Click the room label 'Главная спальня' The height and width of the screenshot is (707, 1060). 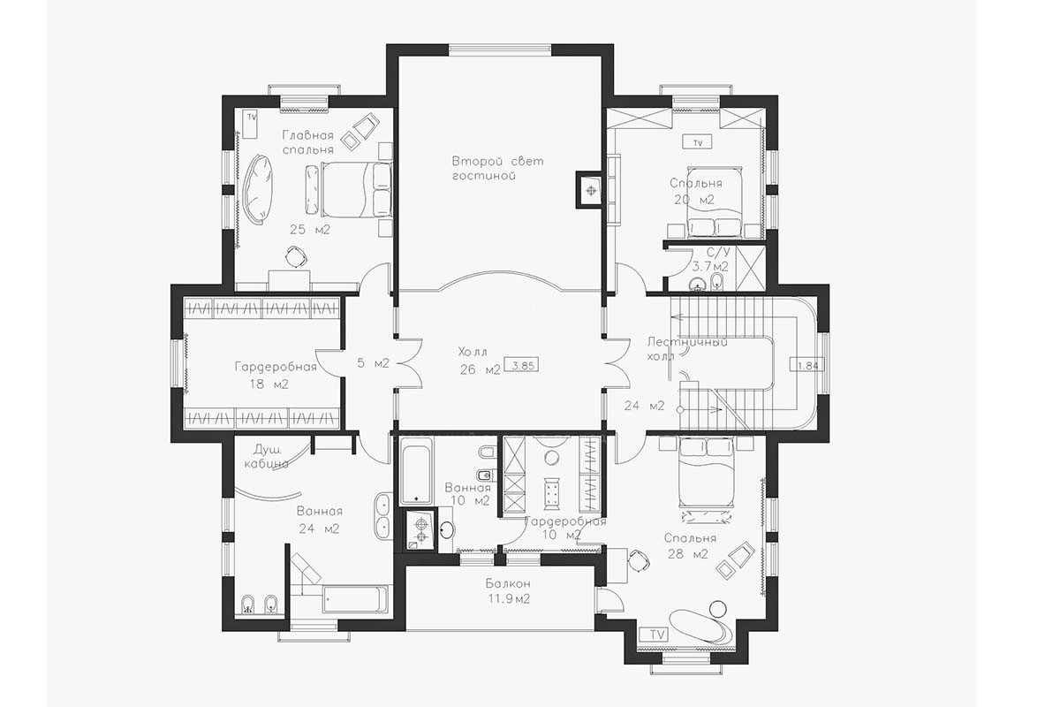308,142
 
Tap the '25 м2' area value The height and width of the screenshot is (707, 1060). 310,230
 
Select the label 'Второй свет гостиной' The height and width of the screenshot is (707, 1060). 497,168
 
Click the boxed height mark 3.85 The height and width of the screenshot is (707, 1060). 522,365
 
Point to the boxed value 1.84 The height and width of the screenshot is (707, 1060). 807,365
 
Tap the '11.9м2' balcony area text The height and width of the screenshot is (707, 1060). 509,599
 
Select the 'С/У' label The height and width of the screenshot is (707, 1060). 718,252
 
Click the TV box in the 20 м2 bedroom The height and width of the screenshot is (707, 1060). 698,142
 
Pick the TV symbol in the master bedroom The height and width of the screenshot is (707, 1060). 250,124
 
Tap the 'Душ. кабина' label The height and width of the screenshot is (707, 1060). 266,456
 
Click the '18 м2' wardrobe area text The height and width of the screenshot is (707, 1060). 269,384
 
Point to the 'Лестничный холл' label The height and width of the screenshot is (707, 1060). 686,348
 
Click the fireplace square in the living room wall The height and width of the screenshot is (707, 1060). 588,189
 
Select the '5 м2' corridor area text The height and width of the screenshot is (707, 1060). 373,363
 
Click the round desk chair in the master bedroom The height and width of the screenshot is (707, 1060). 296,257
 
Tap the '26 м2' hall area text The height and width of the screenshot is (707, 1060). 480,369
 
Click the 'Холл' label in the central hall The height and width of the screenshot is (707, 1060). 473,353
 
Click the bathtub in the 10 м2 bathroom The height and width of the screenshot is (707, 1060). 416,471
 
